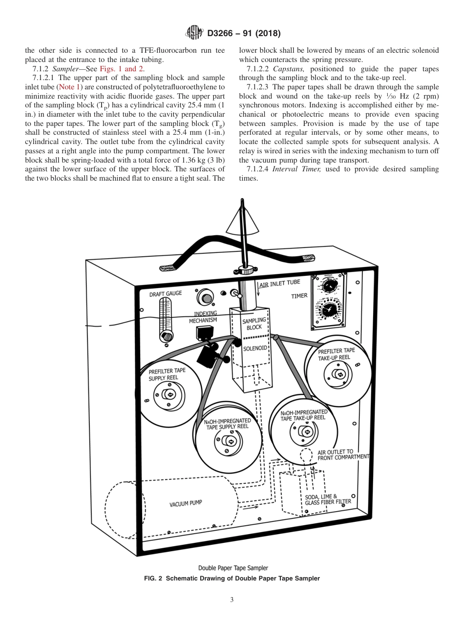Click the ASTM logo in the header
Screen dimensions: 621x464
click(x=194, y=33)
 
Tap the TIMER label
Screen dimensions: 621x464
click(x=299, y=296)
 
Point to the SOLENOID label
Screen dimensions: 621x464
click(x=255, y=348)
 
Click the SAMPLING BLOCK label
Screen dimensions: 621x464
click(x=254, y=324)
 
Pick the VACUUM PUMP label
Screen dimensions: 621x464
click(x=186, y=503)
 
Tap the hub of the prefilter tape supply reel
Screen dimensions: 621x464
click(x=169, y=394)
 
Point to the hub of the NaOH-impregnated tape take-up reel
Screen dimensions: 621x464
click(x=306, y=432)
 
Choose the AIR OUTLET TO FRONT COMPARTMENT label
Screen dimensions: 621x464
click(x=343, y=455)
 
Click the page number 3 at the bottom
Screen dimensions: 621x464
click(x=232, y=600)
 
